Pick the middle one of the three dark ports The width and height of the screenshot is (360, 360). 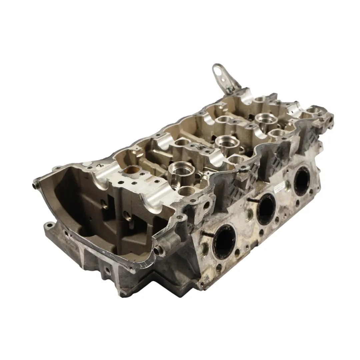click(266, 208)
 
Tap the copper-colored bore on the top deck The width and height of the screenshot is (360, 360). click(132, 171)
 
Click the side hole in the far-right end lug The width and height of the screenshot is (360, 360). click(330, 117)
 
